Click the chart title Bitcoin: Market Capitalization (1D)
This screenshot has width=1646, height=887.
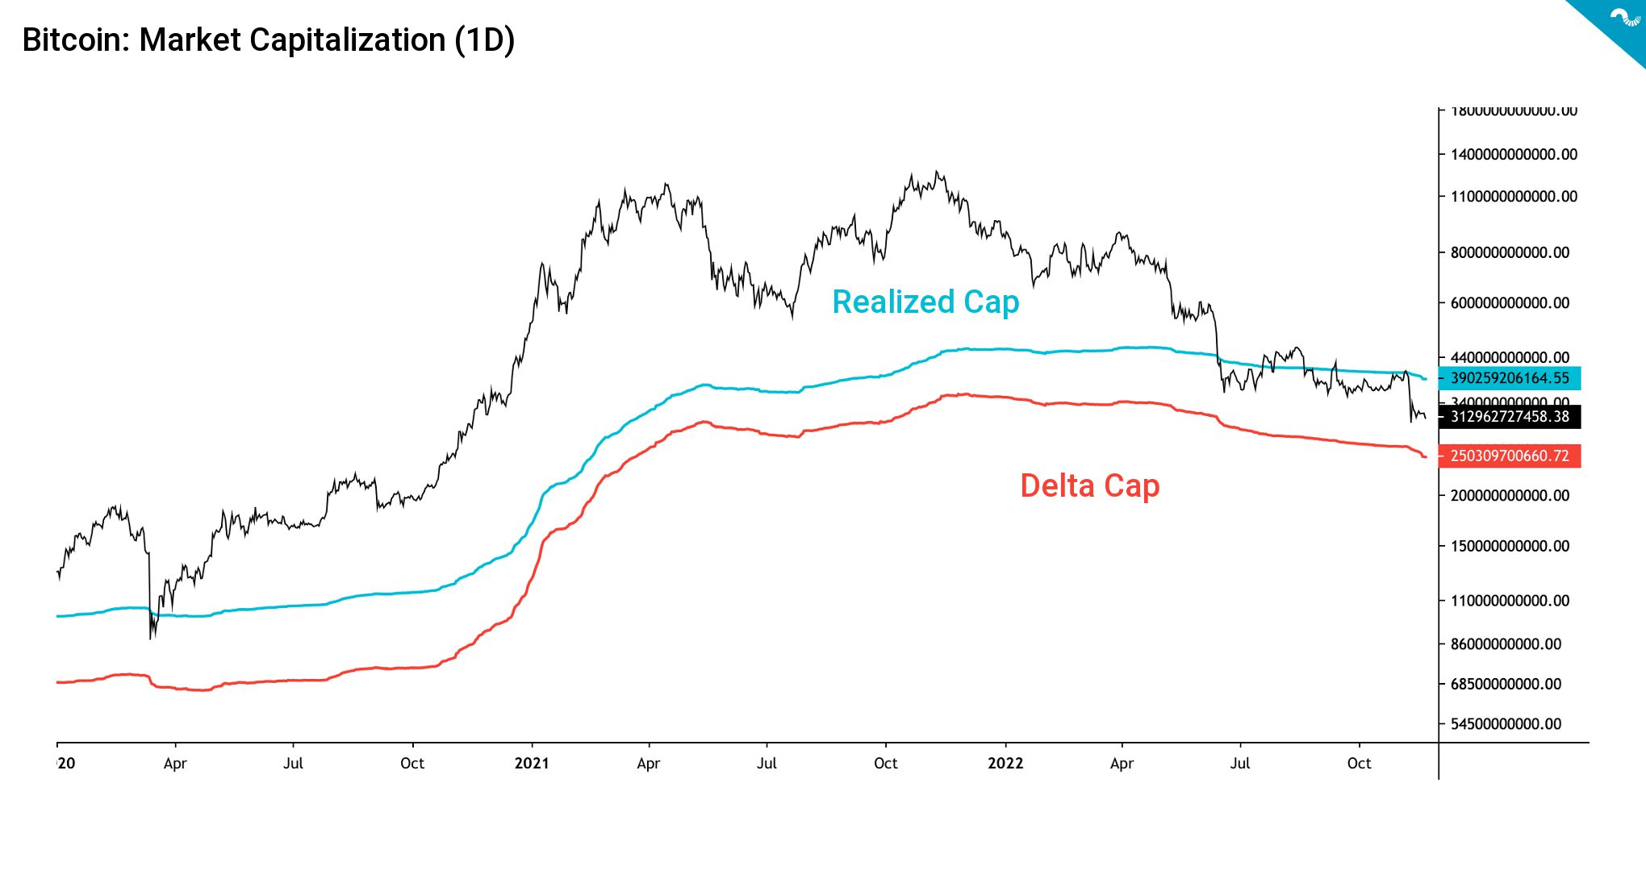coord(268,40)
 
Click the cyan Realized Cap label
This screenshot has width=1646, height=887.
coord(925,302)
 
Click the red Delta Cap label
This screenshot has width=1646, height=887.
coord(1089,485)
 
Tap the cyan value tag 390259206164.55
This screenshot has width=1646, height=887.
coord(1509,378)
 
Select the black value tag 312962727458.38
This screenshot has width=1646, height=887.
coord(1509,417)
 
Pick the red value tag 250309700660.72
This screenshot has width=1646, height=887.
coord(1509,456)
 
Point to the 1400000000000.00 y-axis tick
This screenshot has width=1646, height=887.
coord(1513,155)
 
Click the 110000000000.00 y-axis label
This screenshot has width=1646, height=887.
coord(1510,601)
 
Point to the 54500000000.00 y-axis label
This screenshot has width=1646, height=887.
coord(1506,724)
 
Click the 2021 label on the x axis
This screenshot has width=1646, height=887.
coord(532,764)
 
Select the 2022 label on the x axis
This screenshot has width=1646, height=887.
coord(1005,764)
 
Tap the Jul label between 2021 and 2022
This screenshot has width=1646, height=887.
coord(767,764)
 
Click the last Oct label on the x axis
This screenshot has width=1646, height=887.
coord(1359,764)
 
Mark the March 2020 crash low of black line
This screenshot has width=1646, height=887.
coord(151,637)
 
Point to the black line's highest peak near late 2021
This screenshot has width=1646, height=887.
coord(936,172)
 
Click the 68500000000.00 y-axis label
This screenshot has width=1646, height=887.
coord(1506,684)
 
